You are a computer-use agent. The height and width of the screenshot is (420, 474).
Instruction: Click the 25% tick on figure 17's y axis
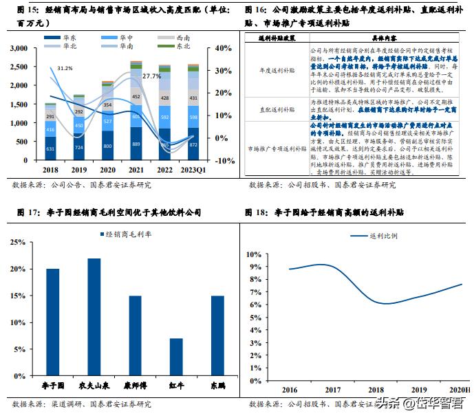pos(17,242)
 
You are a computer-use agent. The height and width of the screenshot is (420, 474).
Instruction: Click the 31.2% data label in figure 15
pos(65,68)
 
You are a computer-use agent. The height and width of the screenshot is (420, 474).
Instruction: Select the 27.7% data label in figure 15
pos(151,76)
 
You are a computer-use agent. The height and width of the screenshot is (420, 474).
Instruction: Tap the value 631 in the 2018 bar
pos(51,148)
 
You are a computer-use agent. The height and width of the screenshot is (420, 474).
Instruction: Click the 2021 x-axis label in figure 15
pos(136,168)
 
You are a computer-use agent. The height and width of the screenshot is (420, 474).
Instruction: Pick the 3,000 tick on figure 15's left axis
pos(19,49)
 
